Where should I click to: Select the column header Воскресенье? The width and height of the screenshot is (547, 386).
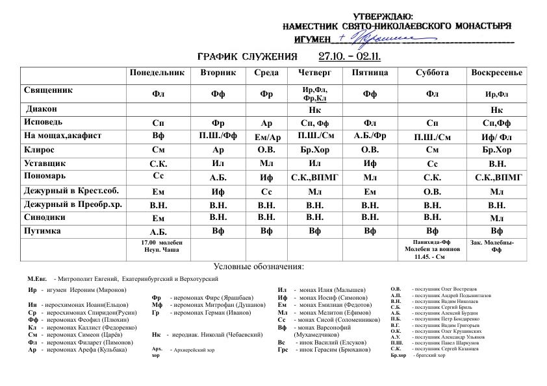[496, 73]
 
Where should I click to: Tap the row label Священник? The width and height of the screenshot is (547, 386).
[48, 91]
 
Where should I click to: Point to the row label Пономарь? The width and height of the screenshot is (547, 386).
[44, 175]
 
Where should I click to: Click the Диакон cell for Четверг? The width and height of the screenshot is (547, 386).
[314, 110]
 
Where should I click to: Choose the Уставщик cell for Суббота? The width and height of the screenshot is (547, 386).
[432, 163]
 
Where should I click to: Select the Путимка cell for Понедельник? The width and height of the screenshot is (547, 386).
[159, 232]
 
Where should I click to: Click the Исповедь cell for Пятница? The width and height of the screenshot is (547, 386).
[370, 122]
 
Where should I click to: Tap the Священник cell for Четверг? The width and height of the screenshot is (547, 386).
[314, 93]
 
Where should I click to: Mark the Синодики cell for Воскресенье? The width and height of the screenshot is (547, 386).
[496, 219]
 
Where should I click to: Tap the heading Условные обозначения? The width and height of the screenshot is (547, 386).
[258, 267]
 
